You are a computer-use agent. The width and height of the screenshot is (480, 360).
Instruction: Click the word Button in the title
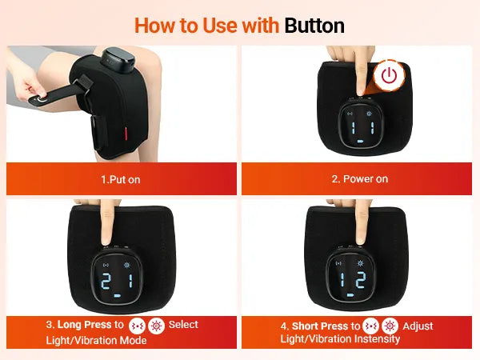(314, 26)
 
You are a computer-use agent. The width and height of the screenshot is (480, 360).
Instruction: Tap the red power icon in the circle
(389, 75)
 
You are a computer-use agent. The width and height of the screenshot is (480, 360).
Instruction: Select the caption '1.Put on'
(121, 179)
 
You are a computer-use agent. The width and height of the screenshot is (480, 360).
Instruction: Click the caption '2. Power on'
(360, 178)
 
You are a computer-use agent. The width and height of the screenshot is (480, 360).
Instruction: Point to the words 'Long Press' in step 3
(84, 325)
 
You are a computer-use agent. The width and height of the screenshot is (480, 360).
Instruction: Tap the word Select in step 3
(183, 325)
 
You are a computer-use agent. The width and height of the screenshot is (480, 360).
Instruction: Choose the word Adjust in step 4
(418, 326)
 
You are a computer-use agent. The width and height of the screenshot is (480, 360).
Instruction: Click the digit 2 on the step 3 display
(106, 282)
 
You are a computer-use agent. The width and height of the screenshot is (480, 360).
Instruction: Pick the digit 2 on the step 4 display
(360, 279)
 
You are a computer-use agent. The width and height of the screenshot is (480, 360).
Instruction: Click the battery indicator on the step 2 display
(360, 142)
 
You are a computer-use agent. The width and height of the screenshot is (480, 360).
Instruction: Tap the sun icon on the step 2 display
(369, 114)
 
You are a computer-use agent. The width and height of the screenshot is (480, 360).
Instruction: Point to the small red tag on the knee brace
(126, 133)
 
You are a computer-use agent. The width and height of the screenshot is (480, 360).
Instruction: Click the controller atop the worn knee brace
(118, 59)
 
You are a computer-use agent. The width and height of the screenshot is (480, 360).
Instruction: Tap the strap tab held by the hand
(41, 100)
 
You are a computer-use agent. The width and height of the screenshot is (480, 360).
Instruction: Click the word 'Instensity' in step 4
(377, 339)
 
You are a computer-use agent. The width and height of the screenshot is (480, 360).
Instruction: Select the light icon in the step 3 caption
(156, 326)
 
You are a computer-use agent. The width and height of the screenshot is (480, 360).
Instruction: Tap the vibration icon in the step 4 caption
(370, 326)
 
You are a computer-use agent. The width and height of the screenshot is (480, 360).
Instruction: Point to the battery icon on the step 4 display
(350, 295)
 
